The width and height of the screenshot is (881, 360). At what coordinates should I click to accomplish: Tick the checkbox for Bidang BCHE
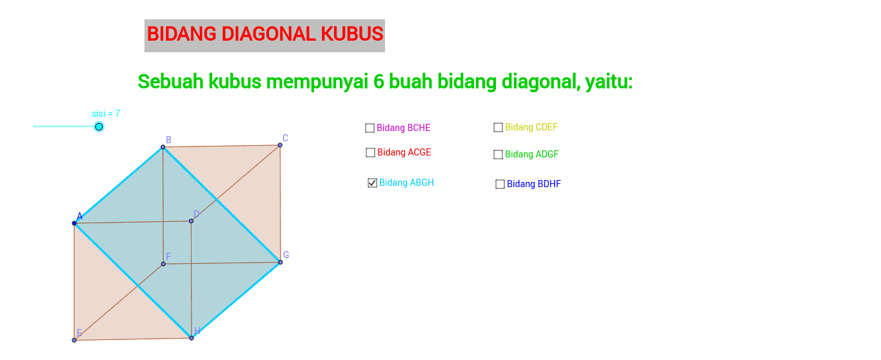click(x=370, y=128)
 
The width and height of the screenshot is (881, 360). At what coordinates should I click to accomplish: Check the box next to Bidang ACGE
click(x=370, y=152)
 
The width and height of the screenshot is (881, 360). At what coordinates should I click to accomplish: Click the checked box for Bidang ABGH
click(x=372, y=183)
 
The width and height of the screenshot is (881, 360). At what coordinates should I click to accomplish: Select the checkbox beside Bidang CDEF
click(x=498, y=128)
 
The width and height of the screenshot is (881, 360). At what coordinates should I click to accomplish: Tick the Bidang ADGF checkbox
click(x=498, y=154)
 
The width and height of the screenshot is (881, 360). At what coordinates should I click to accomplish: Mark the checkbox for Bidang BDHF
click(x=500, y=184)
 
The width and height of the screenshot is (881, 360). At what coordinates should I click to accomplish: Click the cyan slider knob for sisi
click(x=99, y=126)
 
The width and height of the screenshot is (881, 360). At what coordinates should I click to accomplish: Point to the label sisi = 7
click(x=106, y=114)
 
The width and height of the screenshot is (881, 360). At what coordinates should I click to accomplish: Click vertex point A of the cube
click(x=74, y=223)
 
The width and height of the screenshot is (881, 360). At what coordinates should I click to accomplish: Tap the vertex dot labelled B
click(x=163, y=147)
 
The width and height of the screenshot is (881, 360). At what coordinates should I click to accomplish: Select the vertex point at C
click(x=280, y=145)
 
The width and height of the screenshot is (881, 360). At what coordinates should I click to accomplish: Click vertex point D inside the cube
click(x=191, y=221)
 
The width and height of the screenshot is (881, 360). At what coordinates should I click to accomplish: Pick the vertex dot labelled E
click(x=74, y=341)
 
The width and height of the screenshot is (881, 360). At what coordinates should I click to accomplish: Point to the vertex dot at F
click(x=163, y=264)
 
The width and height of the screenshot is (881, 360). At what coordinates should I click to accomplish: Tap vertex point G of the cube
click(x=281, y=262)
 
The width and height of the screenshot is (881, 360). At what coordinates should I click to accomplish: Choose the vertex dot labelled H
click(x=192, y=338)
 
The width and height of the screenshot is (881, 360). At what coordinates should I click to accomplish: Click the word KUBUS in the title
click(x=352, y=34)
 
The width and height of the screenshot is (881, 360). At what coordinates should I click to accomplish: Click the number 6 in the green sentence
click(x=379, y=81)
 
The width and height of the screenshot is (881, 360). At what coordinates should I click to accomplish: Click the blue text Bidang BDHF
click(x=534, y=184)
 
